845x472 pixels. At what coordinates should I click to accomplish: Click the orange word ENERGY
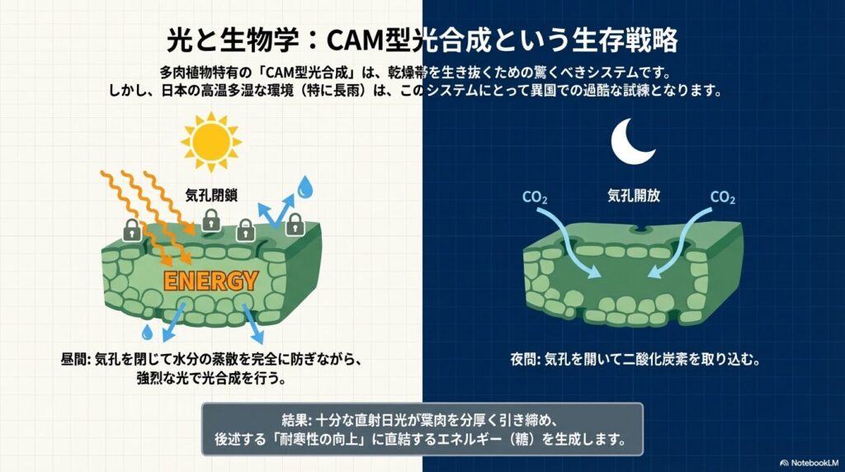click(x=210, y=281)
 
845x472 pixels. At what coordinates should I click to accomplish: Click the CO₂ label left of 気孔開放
click(x=536, y=198)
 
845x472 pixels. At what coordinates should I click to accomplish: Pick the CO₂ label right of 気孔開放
click(x=724, y=198)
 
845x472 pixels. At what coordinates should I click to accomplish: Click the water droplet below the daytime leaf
click(x=147, y=332)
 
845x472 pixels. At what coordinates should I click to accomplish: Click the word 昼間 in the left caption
click(x=73, y=361)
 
